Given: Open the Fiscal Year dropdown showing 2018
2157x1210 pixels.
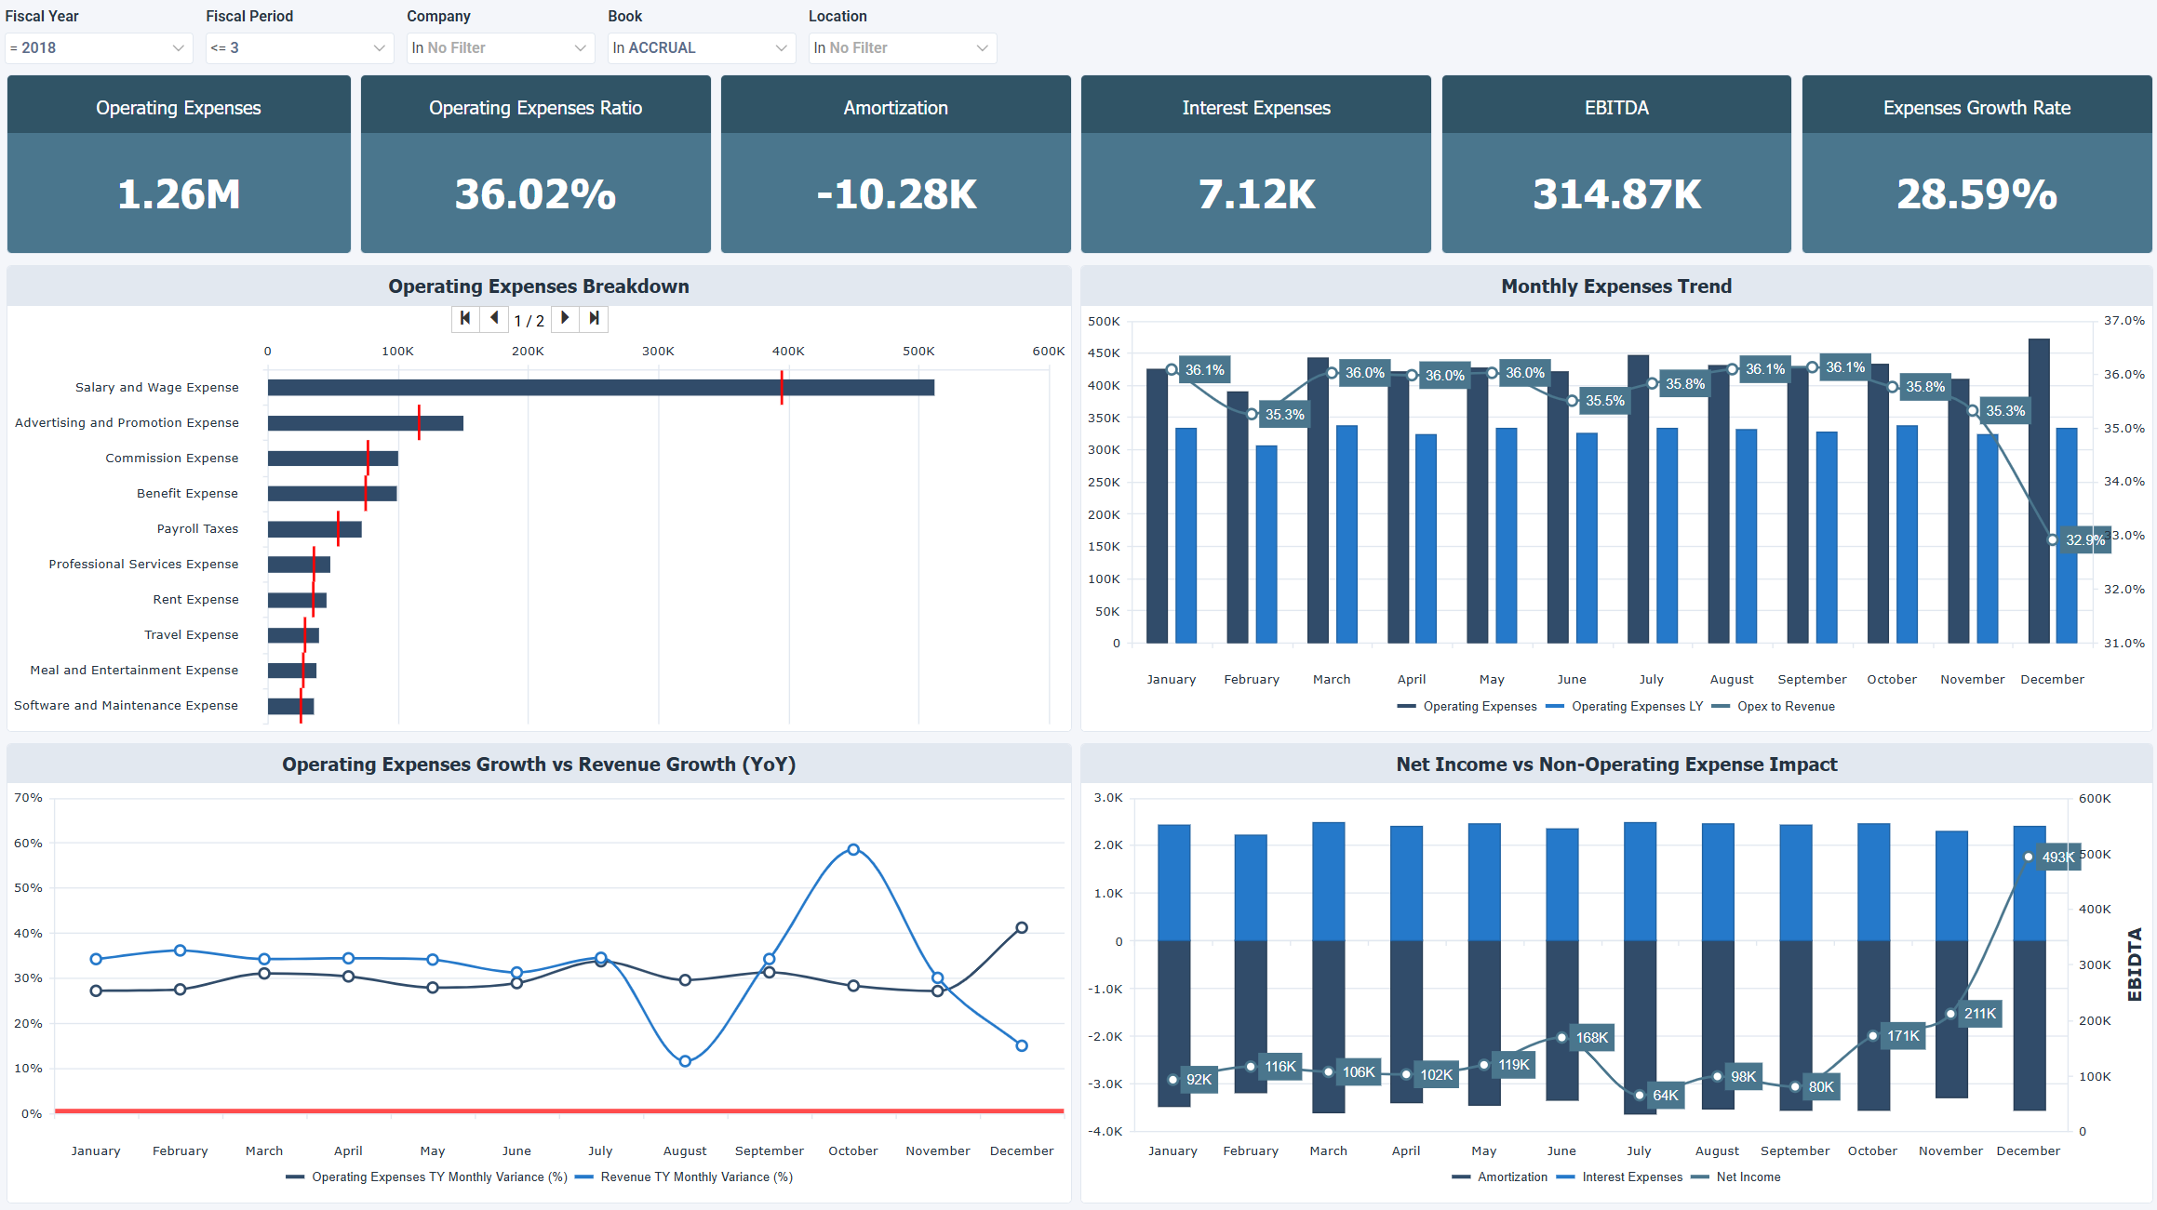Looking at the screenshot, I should pyautogui.click(x=98, y=47).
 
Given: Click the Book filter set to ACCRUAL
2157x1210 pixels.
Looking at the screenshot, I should pyautogui.click(x=701, y=47).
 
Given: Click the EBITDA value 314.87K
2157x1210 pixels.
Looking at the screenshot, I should pyautogui.click(x=1616, y=194).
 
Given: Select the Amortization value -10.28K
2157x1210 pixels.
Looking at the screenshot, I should pyautogui.click(x=896, y=194).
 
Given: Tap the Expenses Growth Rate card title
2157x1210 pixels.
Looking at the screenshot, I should pyautogui.click(x=1976, y=108).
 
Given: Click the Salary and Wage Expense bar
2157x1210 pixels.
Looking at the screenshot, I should pyautogui.click(x=600, y=387).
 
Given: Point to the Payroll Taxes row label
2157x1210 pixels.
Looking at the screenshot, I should pyautogui.click(x=197, y=528).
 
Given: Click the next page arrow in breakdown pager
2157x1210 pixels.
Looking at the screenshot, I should pyautogui.click(x=565, y=318).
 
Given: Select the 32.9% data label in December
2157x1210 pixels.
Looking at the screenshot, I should pyautogui.click(x=2084, y=539).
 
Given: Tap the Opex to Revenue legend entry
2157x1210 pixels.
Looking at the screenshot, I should pyautogui.click(x=1785, y=706).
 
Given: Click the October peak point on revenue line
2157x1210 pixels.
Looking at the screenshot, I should pyautogui.click(x=853, y=849).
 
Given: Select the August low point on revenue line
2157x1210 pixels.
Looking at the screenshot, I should pyautogui.click(x=685, y=1061).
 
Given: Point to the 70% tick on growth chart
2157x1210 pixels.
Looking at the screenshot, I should pyautogui.click(x=28, y=797).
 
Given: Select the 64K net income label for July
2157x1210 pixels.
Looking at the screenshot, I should pyautogui.click(x=1665, y=1095).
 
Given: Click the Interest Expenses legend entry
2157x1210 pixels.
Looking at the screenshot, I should pyautogui.click(x=1631, y=1177).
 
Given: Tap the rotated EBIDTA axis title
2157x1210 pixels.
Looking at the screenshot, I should pyautogui.click(x=2135, y=964).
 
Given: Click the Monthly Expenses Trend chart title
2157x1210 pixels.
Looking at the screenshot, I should pyautogui.click(x=1615, y=286).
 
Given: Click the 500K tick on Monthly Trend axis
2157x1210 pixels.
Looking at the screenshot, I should pyautogui.click(x=1104, y=321).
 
